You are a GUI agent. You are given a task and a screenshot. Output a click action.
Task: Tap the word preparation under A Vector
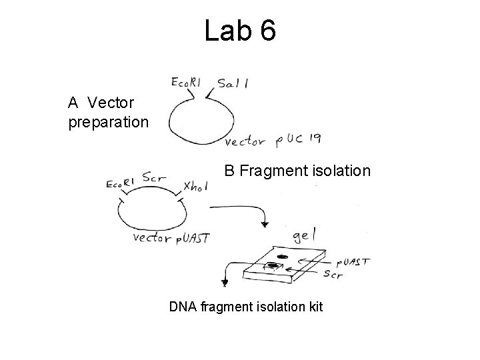coord(109,123)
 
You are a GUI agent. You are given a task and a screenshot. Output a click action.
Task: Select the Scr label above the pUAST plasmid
coord(155,177)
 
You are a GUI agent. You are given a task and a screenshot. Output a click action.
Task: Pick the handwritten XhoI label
coord(194,187)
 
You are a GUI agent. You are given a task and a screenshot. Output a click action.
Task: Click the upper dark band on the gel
coord(282,257)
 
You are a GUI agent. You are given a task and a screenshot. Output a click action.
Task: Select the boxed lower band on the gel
coord(272,267)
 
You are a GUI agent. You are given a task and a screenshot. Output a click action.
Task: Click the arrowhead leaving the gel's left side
coord(225,283)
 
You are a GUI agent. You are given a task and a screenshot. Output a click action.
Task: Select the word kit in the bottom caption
coord(313,307)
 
